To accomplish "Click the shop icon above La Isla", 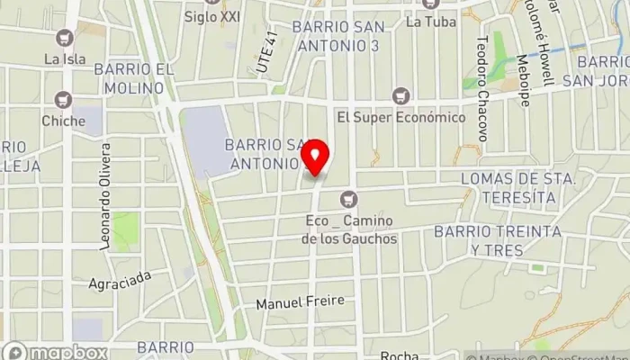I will tap(63, 38).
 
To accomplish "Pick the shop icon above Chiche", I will tap(63, 99).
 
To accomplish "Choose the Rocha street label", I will tap(400, 354).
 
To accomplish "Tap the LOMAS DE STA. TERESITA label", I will tap(517, 187).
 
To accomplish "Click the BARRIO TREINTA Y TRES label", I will tap(509, 240).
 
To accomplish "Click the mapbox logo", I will tap(55, 352).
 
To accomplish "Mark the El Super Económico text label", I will tap(401, 118).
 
